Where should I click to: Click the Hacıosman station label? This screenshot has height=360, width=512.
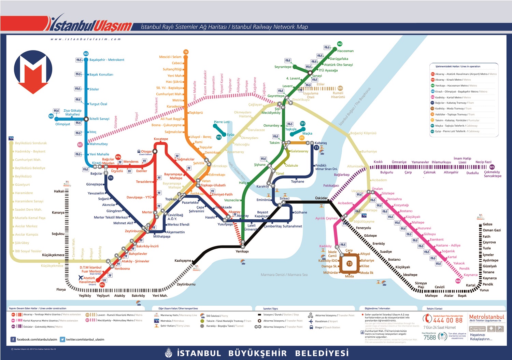[x=345, y=51]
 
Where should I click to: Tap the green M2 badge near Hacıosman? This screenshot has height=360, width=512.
[x=340, y=44]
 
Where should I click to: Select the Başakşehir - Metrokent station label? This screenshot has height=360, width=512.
[x=106, y=60]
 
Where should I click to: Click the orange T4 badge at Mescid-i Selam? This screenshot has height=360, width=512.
[x=186, y=52]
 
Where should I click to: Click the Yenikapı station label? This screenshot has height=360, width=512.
[x=242, y=251]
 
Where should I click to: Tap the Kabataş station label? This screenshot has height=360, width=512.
[x=321, y=143]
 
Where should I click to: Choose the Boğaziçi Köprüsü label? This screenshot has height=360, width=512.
[x=363, y=133]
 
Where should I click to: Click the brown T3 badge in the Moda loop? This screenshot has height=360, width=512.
[x=349, y=264]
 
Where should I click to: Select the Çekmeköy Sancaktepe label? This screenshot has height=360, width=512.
[x=492, y=174]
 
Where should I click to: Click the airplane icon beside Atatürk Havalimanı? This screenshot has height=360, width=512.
[x=81, y=278]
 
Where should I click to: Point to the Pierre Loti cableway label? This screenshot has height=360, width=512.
[x=222, y=122]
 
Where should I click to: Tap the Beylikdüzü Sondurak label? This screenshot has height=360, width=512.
[x=31, y=143]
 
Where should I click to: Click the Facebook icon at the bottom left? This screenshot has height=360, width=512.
[x=13, y=339]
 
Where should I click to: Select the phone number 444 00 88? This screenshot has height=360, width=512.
[x=447, y=320]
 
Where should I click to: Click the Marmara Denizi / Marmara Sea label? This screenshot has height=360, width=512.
[x=284, y=275]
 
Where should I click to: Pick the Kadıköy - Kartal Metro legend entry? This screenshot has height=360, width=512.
[x=450, y=97]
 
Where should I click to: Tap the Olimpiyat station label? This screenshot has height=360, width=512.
[x=62, y=124]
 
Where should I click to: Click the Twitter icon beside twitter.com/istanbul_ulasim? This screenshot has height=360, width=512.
[x=62, y=339]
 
